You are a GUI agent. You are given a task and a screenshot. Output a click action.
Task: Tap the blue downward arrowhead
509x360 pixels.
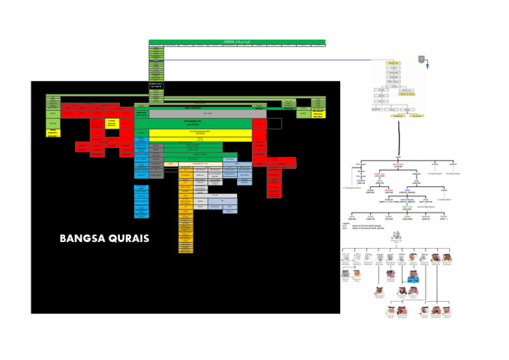pyautogui.click(x=427, y=66)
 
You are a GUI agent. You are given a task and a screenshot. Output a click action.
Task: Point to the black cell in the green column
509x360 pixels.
pyautogui.click(x=156, y=85)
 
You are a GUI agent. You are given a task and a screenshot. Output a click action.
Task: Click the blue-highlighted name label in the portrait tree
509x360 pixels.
pyautogui.click(x=413, y=280)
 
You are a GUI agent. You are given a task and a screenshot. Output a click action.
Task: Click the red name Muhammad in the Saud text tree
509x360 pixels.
pyautogui.click(x=398, y=166)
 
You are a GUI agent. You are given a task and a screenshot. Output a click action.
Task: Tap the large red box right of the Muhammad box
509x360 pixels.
pyautogui.click(x=260, y=124)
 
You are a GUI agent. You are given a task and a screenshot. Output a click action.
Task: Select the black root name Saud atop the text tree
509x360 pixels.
pyautogui.click(x=398, y=156)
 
